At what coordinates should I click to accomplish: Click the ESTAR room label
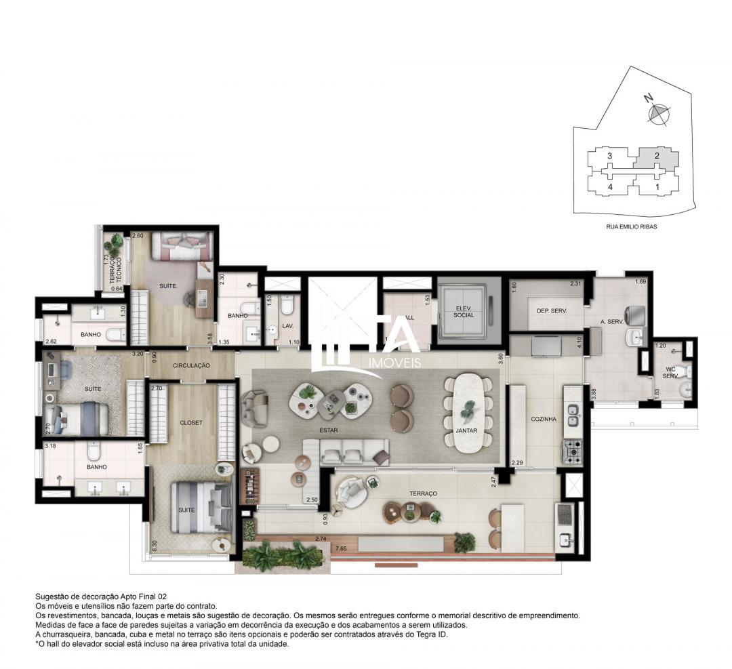(330, 430)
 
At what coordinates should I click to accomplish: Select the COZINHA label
(544, 419)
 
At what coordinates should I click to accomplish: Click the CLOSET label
(191, 422)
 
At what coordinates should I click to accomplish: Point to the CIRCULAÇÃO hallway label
(191, 365)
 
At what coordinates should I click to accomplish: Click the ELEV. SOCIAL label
(464, 312)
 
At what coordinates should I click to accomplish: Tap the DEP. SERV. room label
(551, 310)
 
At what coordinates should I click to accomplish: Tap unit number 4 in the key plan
(610, 186)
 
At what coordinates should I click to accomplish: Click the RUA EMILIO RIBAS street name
(631, 227)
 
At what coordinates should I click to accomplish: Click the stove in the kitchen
(571, 449)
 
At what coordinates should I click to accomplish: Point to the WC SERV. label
(670, 371)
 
